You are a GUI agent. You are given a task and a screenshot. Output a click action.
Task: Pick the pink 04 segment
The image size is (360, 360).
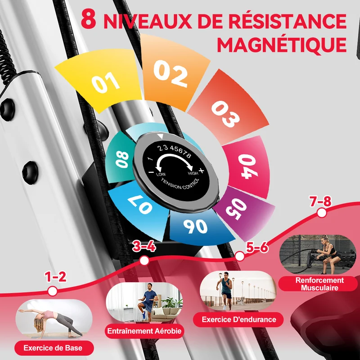[247, 166]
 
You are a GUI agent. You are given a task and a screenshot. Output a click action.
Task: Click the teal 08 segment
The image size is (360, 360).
[121, 158]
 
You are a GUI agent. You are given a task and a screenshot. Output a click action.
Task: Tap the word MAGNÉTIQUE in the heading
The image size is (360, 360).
[282, 44]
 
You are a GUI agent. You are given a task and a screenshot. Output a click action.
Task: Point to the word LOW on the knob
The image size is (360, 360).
[161, 174]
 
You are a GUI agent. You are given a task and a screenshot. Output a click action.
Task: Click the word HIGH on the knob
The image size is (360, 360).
[193, 173]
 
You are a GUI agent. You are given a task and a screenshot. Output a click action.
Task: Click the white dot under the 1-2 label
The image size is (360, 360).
[53, 291]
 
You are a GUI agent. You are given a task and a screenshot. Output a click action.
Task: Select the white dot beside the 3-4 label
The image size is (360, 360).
[144, 261]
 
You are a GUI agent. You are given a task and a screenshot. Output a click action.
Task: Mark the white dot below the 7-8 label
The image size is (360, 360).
[322, 213]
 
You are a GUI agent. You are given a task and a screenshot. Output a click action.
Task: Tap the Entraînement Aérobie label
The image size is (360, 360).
[144, 331]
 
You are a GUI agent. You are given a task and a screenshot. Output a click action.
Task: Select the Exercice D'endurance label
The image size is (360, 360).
[238, 319]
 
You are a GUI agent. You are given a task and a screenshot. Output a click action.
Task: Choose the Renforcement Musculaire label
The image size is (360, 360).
[319, 284]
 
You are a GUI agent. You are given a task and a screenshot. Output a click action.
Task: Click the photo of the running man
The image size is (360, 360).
[238, 290]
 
